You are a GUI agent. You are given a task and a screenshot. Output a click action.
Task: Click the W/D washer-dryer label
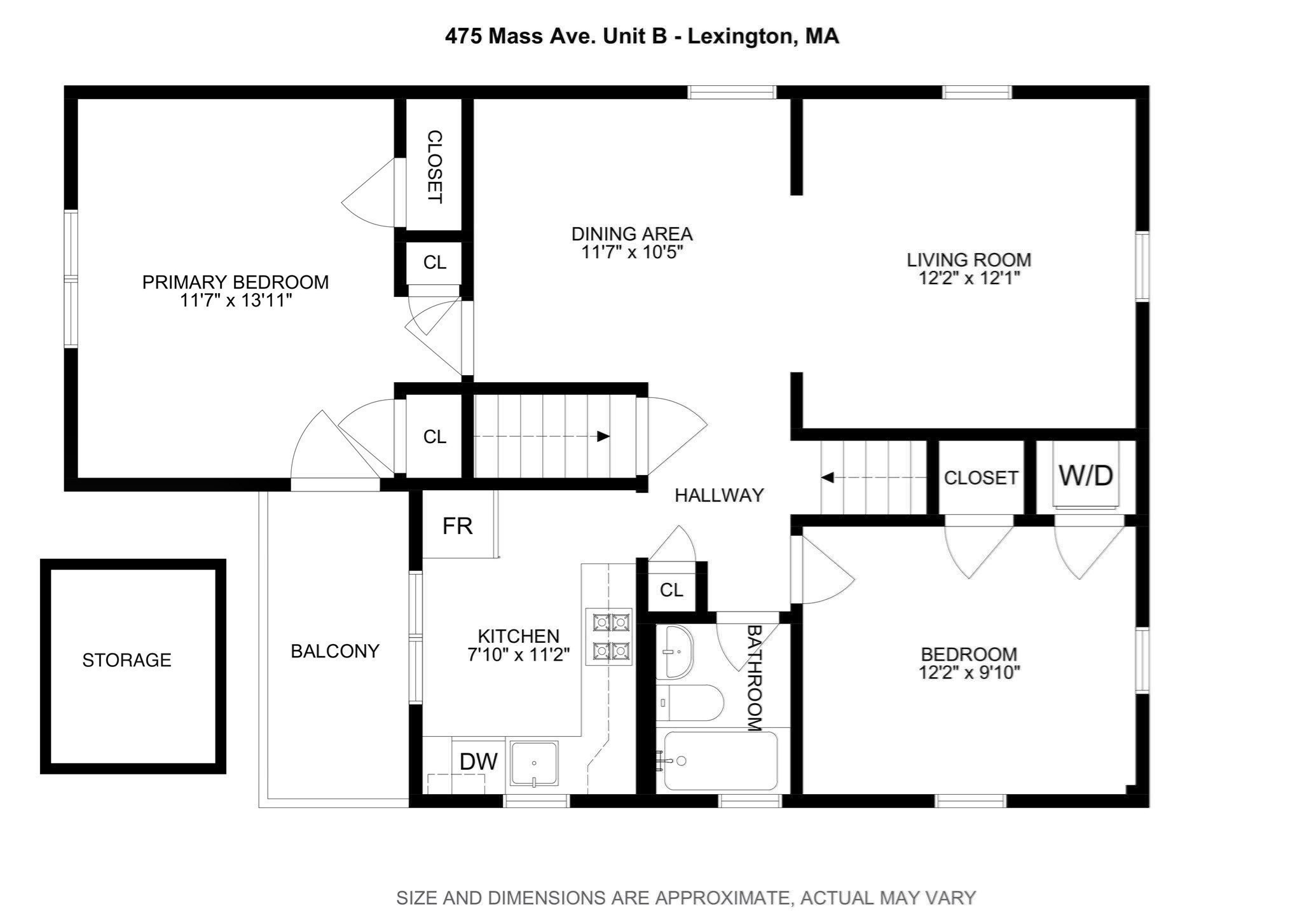[x=1085, y=476]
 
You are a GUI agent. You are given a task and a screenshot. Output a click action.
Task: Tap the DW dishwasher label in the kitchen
[x=478, y=761]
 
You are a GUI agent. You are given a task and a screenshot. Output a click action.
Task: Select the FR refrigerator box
[x=458, y=526]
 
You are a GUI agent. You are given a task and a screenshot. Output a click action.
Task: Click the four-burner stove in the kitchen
[x=608, y=636]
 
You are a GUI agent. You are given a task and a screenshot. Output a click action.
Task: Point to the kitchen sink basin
[x=534, y=763]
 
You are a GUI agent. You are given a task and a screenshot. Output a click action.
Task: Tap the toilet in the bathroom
[x=690, y=703]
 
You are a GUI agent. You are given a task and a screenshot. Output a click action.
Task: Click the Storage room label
[x=127, y=660]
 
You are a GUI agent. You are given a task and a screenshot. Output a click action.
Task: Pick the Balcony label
[x=335, y=651]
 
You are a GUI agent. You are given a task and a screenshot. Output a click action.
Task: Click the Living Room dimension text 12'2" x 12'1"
[x=969, y=278]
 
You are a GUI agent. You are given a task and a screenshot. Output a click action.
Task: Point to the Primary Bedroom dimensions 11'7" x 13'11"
[x=235, y=301]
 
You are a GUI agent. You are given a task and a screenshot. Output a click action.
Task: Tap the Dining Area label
[x=631, y=234]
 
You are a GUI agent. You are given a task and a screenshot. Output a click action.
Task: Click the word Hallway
[x=719, y=495]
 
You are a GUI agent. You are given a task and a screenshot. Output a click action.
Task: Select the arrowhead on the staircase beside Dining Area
[x=603, y=436]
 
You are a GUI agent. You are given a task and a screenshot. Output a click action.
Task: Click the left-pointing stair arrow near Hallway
[x=828, y=477]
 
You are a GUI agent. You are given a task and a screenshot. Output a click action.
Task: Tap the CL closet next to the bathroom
[x=671, y=590]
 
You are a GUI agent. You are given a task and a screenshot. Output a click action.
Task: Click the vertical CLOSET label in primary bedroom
[x=434, y=167]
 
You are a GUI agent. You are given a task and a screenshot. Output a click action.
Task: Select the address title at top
[x=641, y=36]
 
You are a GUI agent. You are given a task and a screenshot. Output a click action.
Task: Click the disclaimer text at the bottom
[x=685, y=898]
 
